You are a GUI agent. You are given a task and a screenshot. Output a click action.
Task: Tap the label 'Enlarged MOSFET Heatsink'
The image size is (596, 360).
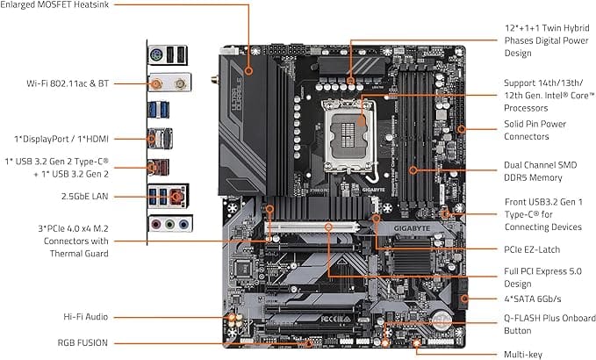59,5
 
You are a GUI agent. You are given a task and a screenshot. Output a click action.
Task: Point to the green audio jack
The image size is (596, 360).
169,224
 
